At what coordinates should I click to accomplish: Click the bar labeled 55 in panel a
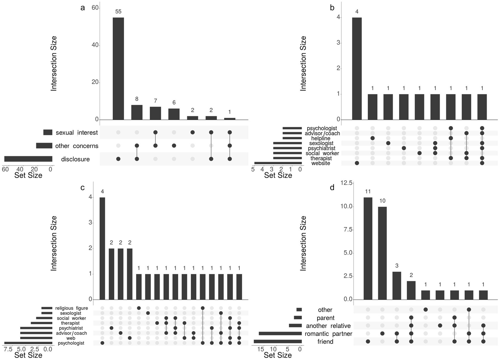pos(118,68)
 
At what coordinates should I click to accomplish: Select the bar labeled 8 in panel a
pos(137,112)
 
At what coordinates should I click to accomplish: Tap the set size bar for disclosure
pos(28,159)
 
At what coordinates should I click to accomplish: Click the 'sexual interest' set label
pos(77,132)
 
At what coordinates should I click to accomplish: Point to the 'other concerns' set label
pos(77,146)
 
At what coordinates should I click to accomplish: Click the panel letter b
pos(332,7)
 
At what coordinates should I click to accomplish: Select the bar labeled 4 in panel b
pos(357,68)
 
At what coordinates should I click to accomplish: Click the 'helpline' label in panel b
pos(321,138)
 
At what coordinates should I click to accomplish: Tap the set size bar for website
pos(278,163)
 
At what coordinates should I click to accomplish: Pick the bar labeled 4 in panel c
pos(102,248)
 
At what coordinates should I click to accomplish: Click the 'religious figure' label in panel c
pos(71,308)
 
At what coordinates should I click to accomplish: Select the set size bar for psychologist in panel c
pos(28,343)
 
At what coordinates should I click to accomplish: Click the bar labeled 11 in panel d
pos(368,248)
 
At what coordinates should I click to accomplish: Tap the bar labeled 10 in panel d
pos(382,253)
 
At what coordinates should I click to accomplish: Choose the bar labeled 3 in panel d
pos(397,285)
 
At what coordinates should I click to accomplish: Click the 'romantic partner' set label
pos(328,334)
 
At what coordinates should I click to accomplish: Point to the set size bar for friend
pos(278,341)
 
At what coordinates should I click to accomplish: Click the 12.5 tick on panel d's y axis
pos(346,183)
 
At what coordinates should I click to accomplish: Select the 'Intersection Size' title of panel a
pos(54,63)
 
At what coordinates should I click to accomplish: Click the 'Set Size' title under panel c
pos(28,355)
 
